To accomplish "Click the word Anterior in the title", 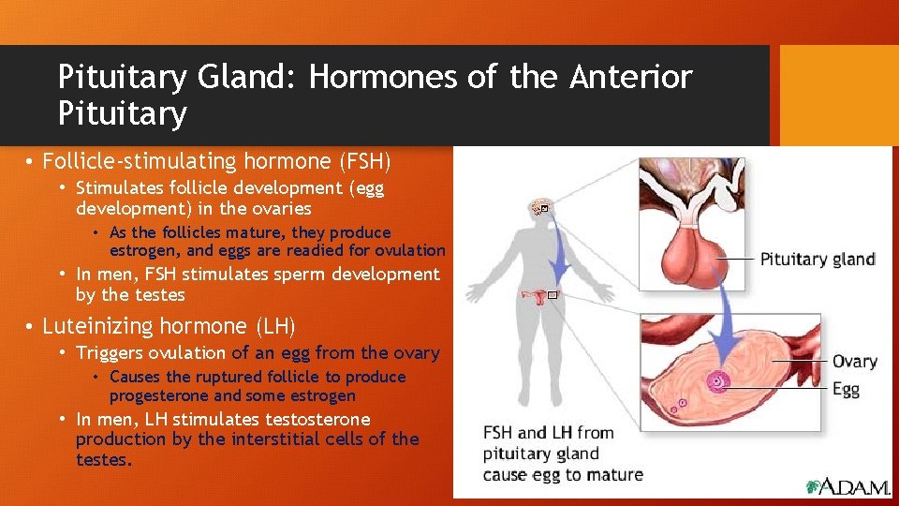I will coord(631,77).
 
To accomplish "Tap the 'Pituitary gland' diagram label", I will coord(817,260).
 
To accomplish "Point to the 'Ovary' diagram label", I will coord(854,362).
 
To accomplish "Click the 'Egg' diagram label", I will coord(846,389).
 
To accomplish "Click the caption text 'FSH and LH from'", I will coord(548,433).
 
